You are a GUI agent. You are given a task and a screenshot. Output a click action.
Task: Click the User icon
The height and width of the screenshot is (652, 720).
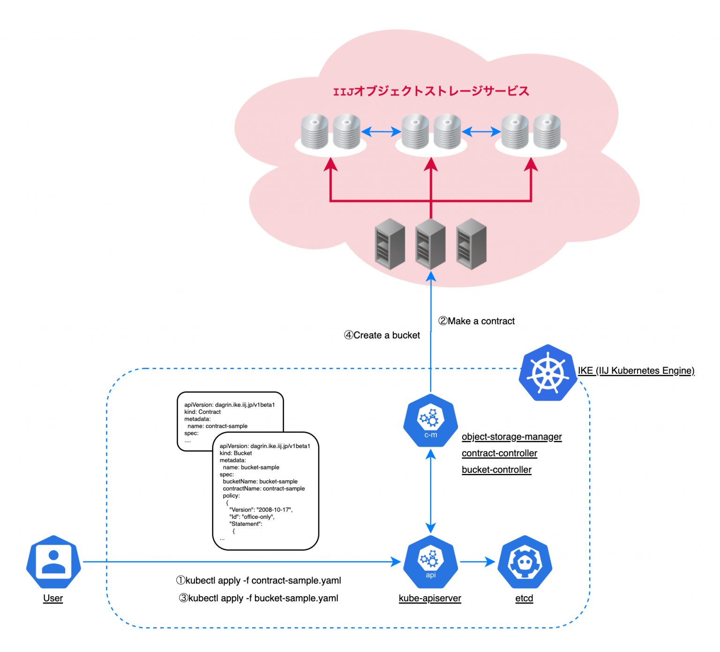click(x=53, y=561)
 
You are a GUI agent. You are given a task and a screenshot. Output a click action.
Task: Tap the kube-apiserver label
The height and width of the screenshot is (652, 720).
click(x=430, y=598)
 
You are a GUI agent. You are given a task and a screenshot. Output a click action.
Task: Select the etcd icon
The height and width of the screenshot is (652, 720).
click(x=525, y=561)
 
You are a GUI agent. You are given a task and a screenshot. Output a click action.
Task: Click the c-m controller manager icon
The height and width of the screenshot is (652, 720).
click(x=430, y=420)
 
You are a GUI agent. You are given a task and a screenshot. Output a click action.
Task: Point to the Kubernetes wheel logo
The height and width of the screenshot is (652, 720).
click(x=547, y=373)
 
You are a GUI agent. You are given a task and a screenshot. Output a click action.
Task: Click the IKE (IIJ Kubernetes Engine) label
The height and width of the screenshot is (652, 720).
click(x=636, y=371)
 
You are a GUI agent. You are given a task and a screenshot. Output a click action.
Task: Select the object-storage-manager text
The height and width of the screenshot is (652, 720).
click(x=511, y=437)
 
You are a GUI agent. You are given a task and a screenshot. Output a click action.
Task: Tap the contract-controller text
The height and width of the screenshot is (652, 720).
click(x=499, y=453)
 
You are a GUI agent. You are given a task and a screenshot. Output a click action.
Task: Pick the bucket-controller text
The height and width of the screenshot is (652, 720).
click(x=496, y=470)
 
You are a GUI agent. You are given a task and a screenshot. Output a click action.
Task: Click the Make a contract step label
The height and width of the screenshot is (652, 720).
click(x=476, y=321)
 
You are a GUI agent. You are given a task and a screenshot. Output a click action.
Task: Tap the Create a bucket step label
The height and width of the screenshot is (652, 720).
click(x=382, y=335)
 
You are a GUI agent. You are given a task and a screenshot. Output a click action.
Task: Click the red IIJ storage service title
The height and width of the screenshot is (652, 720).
click(x=431, y=91)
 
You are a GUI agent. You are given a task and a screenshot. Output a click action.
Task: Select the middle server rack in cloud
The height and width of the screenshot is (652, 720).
click(x=430, y=244)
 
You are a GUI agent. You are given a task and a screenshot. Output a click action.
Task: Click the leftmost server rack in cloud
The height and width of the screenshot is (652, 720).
click(x=390, y=244)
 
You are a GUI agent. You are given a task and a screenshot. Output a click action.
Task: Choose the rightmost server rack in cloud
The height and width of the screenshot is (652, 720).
click(x=471, y=244)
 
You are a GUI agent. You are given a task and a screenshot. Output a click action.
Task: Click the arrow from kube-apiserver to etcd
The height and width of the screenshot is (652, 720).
click(x=477, y=561)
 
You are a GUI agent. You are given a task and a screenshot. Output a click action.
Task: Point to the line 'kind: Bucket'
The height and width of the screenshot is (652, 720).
click(x=236, y=453)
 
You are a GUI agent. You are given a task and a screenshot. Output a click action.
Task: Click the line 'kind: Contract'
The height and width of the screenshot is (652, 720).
click(x=202, y=412)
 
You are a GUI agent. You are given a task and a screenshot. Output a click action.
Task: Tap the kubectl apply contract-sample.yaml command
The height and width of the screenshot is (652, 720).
click(x=259, y=580)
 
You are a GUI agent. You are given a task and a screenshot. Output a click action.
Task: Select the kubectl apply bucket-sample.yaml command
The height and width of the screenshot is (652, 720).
click(x=259, y=598)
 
